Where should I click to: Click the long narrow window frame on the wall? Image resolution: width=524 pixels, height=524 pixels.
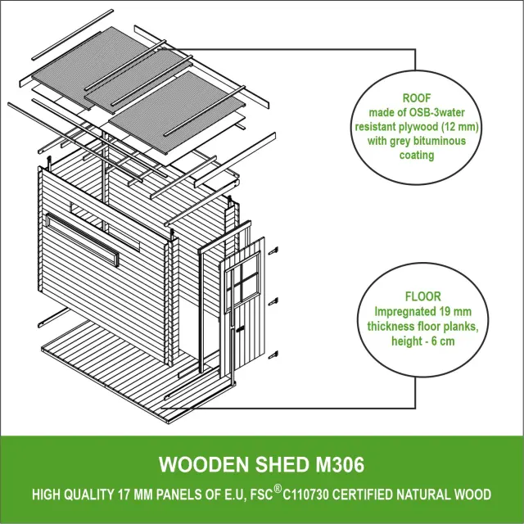coord(83,240)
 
